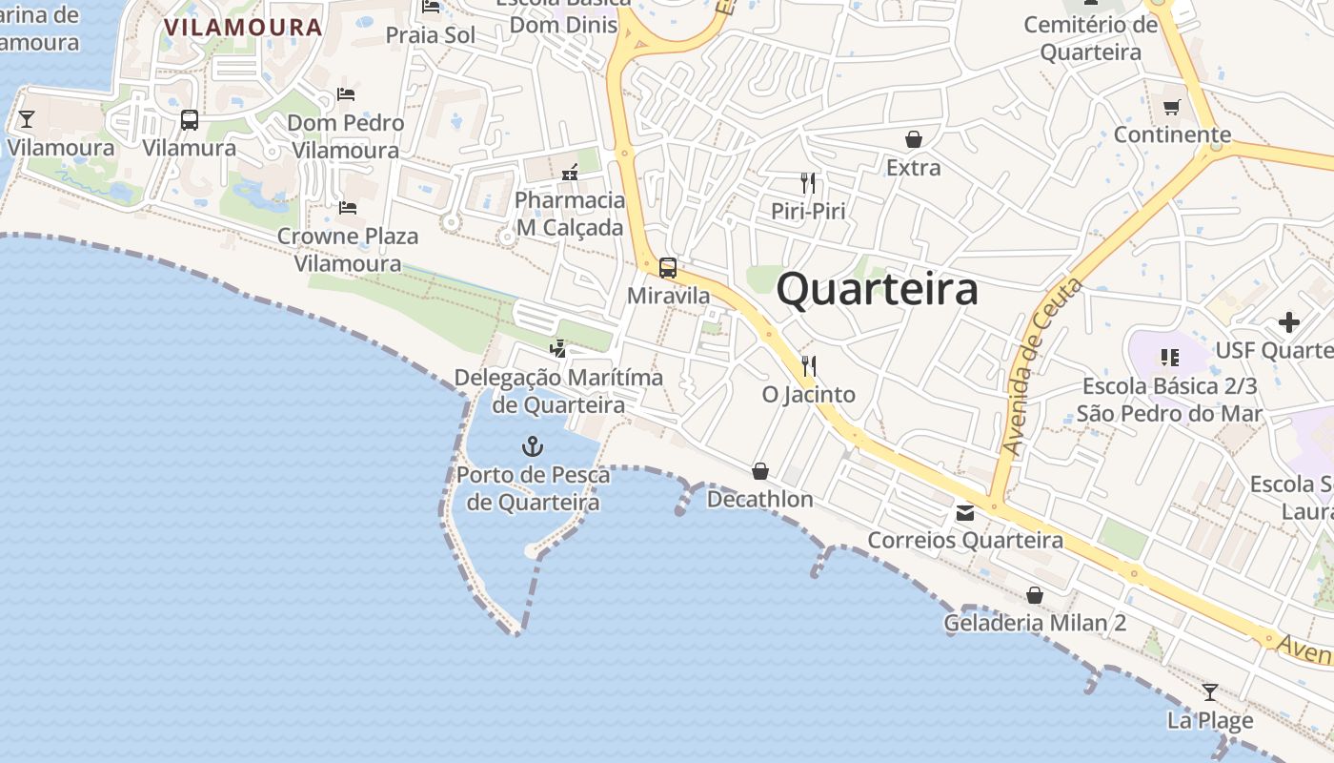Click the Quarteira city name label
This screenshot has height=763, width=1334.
[877, 290]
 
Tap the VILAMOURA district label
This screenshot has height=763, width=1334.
[243, 27]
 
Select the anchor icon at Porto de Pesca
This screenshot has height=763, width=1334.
[533, 445]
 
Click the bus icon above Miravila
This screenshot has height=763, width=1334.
[668, 268]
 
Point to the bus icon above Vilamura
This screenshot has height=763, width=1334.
[190, 120]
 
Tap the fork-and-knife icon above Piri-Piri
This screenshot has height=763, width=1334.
[808, 182]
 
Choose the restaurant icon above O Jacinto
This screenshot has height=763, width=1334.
[809, 365]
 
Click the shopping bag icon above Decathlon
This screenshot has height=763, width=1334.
[760, 471]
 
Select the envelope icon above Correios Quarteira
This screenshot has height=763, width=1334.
[965, 513]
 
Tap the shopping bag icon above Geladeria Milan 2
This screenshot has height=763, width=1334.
[1035, 596]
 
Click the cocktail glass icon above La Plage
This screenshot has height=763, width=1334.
[1210, 692]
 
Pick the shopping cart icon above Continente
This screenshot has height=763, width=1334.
[1172, 107]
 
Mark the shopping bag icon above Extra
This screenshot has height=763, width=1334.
[914, 140]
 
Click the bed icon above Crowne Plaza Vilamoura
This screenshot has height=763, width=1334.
[348, 207]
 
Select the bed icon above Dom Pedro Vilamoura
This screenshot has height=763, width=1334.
[346, 94]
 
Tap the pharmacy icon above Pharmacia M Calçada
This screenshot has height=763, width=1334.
[570, 174]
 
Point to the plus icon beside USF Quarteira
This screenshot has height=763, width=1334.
[1289, 322]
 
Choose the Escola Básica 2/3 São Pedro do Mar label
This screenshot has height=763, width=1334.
[1169, 400]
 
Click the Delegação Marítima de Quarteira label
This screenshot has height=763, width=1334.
[558, 390]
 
